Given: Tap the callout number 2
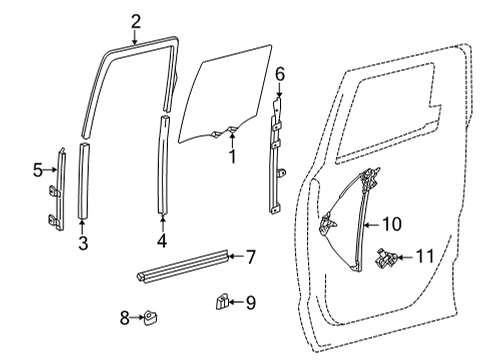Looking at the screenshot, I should point(136,20).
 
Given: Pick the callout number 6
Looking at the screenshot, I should point(281,73).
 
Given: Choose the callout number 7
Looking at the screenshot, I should point(251,257).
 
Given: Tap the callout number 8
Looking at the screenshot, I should point(125,318).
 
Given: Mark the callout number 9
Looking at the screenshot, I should point(251,301).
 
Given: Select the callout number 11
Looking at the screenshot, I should point(425,258).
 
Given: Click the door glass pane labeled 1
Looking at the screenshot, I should point(226,95).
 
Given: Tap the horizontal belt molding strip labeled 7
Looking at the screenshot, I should point(180,265).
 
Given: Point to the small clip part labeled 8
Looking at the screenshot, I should point(152,318).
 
